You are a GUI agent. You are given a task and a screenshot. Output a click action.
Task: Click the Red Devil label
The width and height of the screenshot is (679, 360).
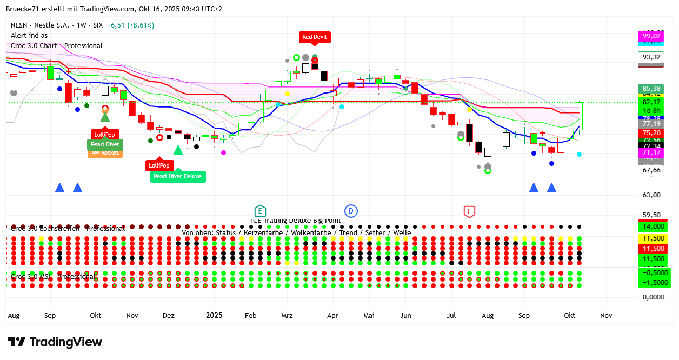click(x=315, y=37)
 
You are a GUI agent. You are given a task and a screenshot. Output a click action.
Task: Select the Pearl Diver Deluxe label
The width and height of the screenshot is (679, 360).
click(x=178, y=176)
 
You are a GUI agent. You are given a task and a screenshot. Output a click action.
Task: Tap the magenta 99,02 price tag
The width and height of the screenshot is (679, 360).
click(x=651, y=36)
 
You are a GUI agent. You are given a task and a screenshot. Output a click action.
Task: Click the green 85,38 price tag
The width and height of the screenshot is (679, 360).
click(x=651, y=89)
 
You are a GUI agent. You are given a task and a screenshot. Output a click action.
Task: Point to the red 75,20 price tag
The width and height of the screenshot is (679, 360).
click(x=651, y=133)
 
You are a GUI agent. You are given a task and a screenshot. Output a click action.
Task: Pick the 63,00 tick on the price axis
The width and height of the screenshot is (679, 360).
click(x=651, y=195)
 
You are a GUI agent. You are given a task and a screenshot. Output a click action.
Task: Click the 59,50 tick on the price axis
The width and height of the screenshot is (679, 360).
click(x=651, y=215)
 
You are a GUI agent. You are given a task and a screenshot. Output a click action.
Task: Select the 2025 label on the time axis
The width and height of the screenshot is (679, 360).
click(x=214, y=315)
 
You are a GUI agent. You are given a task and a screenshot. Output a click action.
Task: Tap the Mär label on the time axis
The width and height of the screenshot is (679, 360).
click(x=287, y=315)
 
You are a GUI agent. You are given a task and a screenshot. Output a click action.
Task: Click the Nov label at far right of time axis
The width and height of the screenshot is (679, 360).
click(x=606, y=315)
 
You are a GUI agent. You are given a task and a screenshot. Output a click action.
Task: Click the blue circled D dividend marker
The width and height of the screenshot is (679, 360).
click(x=351, y=211)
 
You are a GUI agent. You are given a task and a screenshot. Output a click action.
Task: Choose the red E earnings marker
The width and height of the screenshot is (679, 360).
click(x=469, y=211)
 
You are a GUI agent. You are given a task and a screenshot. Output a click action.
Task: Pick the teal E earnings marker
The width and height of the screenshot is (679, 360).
click(x=260, y=211)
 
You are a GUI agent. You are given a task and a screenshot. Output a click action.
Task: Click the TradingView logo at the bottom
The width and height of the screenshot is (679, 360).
click(x=55, y=342)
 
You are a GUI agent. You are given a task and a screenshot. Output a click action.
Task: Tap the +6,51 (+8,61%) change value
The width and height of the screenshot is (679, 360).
click(x=130, y=25)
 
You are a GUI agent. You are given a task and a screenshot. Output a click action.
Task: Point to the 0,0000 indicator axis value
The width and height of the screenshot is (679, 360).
click(x=653, y=297)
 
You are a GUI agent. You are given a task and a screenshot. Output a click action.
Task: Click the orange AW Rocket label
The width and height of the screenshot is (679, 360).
click(x=105, y=153)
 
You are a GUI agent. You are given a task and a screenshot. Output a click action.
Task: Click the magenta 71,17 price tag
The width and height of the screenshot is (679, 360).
click(x=651, y=153)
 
